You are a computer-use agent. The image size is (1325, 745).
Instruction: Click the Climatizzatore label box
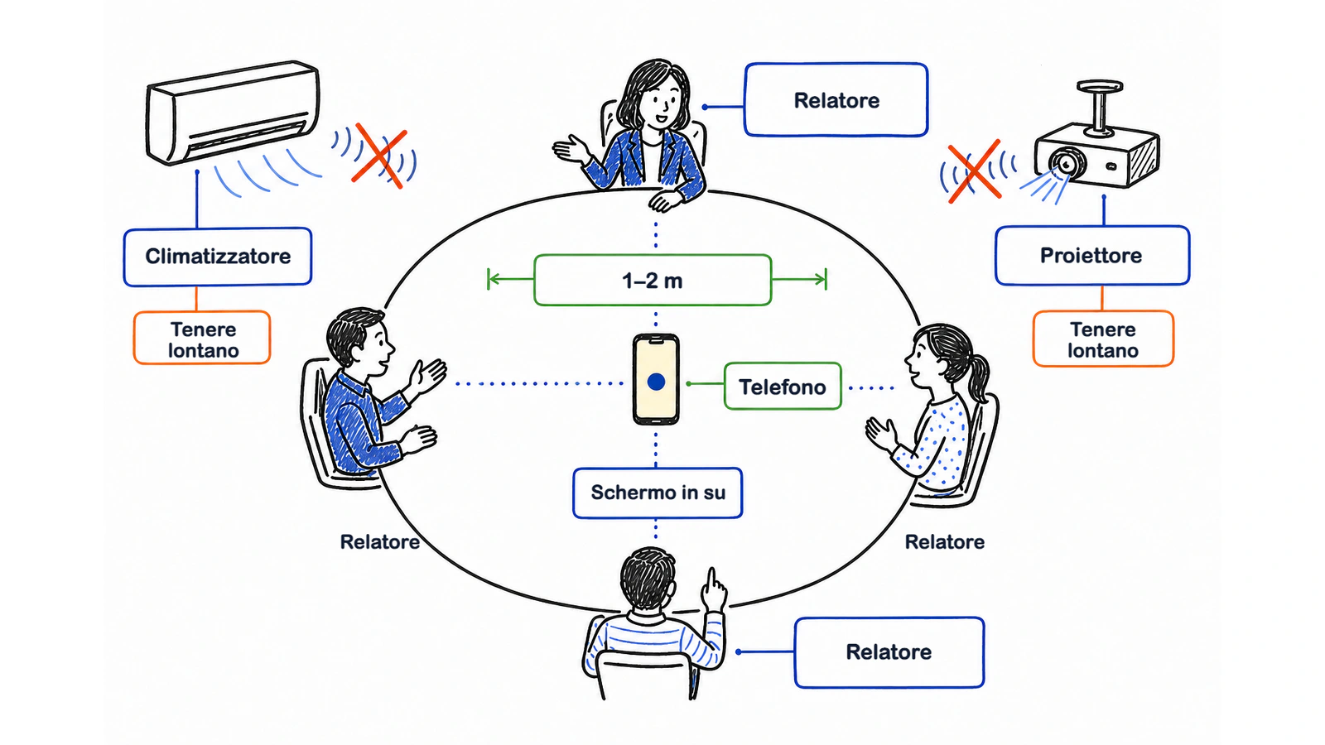click(218, 257)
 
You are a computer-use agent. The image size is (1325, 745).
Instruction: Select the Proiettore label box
click(1092, 256)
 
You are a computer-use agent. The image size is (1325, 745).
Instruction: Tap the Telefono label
click(783, 387)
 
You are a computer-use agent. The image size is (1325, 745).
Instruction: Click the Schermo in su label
click(658, 493)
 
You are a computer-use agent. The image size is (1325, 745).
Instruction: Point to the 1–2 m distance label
click(653, 281)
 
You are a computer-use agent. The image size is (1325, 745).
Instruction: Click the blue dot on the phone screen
click(656, 382)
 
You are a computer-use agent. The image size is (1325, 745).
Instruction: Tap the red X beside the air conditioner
click(379, 156)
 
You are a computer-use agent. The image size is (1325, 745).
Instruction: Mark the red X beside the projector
click(974, 171)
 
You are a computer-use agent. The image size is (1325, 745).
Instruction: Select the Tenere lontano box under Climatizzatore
click(202, 338)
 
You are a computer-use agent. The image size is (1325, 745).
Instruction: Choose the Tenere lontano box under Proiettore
click(1103, 339)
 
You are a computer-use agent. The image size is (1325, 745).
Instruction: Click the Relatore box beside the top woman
click(836, 100)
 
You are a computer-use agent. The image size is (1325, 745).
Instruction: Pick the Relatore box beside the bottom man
click(889, 652)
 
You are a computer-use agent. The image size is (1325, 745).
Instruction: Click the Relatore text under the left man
click(380, 541)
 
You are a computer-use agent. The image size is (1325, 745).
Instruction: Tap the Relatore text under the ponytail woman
click(945, 541)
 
